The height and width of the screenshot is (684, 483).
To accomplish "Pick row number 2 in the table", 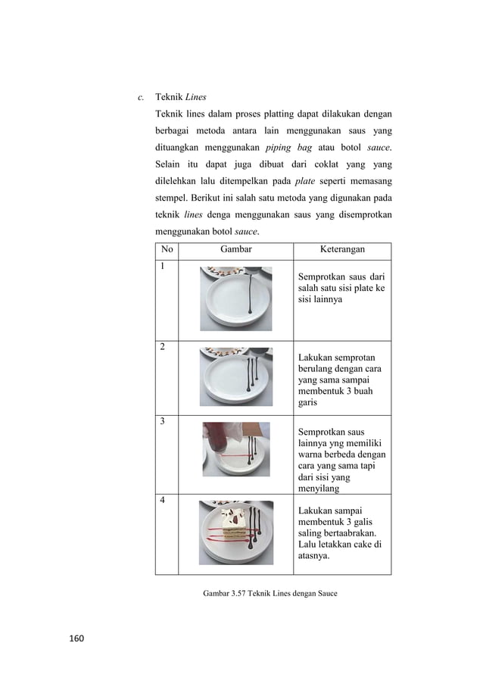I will point(162,347).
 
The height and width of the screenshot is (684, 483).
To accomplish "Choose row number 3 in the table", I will point(162,420).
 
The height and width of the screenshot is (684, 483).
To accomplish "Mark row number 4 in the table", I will point(162,500).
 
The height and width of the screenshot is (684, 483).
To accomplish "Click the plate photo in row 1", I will point(234,298).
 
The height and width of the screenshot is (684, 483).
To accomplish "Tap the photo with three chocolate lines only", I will point(234,376).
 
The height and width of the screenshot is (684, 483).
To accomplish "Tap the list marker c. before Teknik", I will point(139,98).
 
